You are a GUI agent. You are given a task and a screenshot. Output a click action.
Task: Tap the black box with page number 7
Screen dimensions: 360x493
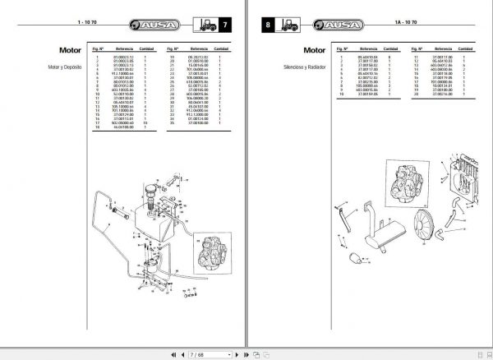pos(228,26)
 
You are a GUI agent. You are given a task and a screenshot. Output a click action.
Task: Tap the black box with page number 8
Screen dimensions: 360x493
pos(268,26)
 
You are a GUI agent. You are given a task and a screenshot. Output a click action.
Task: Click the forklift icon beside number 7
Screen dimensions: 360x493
pos(204,26)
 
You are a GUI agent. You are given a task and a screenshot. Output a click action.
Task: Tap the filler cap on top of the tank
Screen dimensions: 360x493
pos(151,190)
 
